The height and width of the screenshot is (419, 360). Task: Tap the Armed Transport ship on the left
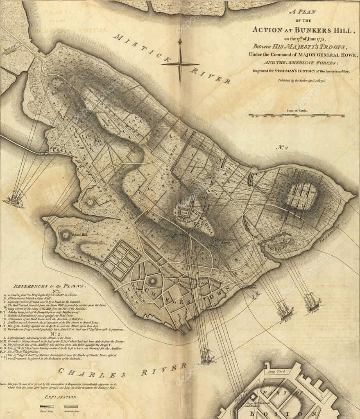click(16, 197)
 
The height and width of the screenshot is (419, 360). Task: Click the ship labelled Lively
click(285, 311)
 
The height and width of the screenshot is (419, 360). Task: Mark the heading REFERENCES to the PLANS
click(50, 286)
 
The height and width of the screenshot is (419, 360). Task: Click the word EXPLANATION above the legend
click(61, 397)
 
